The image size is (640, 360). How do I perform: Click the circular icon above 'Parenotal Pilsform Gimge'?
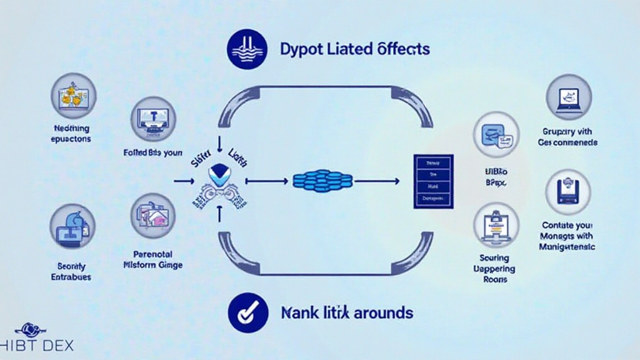[154, 216]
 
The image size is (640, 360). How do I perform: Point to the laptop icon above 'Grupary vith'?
[569, 97]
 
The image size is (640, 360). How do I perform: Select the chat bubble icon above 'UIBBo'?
[496, 134]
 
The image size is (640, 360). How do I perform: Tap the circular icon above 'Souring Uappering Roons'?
[495, 224]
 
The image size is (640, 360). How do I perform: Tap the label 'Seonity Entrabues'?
[71, 271]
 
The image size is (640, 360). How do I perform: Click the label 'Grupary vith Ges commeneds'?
[567, 137]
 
